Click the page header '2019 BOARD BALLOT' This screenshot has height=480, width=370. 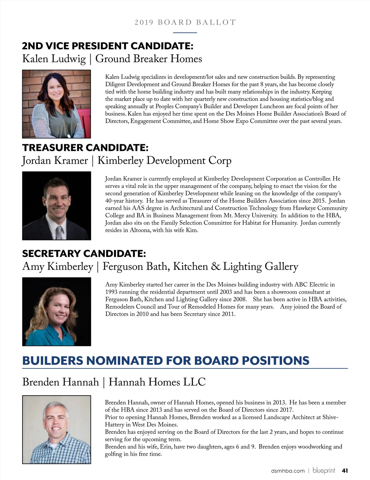[185, 22]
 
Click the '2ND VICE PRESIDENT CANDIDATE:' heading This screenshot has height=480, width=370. [108, 46]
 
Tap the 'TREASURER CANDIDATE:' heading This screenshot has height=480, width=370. [85, 148]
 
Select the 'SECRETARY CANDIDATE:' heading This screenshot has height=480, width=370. [84, 254]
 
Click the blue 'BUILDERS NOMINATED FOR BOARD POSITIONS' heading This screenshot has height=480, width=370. [166, 360]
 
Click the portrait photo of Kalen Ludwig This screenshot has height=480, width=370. [56, 104]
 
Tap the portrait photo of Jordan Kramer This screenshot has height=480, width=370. [56, 205]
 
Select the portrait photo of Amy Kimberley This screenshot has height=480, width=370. [56, 311]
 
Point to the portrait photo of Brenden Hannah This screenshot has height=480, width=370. [56, 429]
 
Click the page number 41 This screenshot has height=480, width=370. [345, 471]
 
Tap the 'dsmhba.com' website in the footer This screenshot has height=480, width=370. [288, 471]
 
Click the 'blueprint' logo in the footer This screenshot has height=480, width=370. [324, 470]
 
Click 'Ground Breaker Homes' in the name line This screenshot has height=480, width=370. [149, 59]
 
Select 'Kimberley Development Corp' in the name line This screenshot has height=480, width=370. [164, 160]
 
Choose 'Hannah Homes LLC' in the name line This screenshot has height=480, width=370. [157, 382]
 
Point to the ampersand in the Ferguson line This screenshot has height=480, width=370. [216, 266]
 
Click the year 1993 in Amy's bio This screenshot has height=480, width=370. [111, 292]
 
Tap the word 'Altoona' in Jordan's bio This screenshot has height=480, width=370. [140, 230]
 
